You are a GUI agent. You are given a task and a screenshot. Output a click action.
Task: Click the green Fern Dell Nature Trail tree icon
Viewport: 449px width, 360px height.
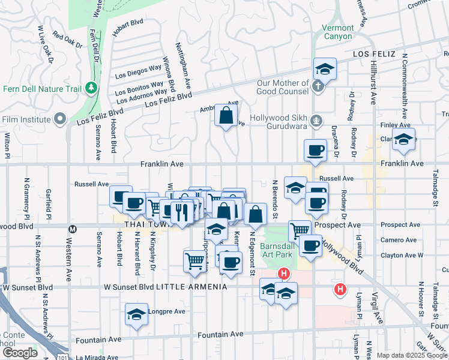(91, 89)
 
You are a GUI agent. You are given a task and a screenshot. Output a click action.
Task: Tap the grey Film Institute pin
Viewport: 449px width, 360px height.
(59, 119)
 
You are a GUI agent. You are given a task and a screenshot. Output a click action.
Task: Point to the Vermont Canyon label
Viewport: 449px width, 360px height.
(338, 32)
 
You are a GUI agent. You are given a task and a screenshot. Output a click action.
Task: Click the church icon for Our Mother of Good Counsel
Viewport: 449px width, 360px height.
(318, 86)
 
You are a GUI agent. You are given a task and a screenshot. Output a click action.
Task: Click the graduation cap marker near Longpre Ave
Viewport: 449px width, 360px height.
(137, 313)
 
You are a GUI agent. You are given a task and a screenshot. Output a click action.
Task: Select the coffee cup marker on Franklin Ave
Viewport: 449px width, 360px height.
(315, 150)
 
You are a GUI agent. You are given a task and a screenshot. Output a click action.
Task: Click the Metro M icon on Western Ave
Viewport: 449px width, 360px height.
(73, 229)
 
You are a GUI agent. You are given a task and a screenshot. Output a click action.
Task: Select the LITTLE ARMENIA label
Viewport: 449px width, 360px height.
(191, 287)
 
